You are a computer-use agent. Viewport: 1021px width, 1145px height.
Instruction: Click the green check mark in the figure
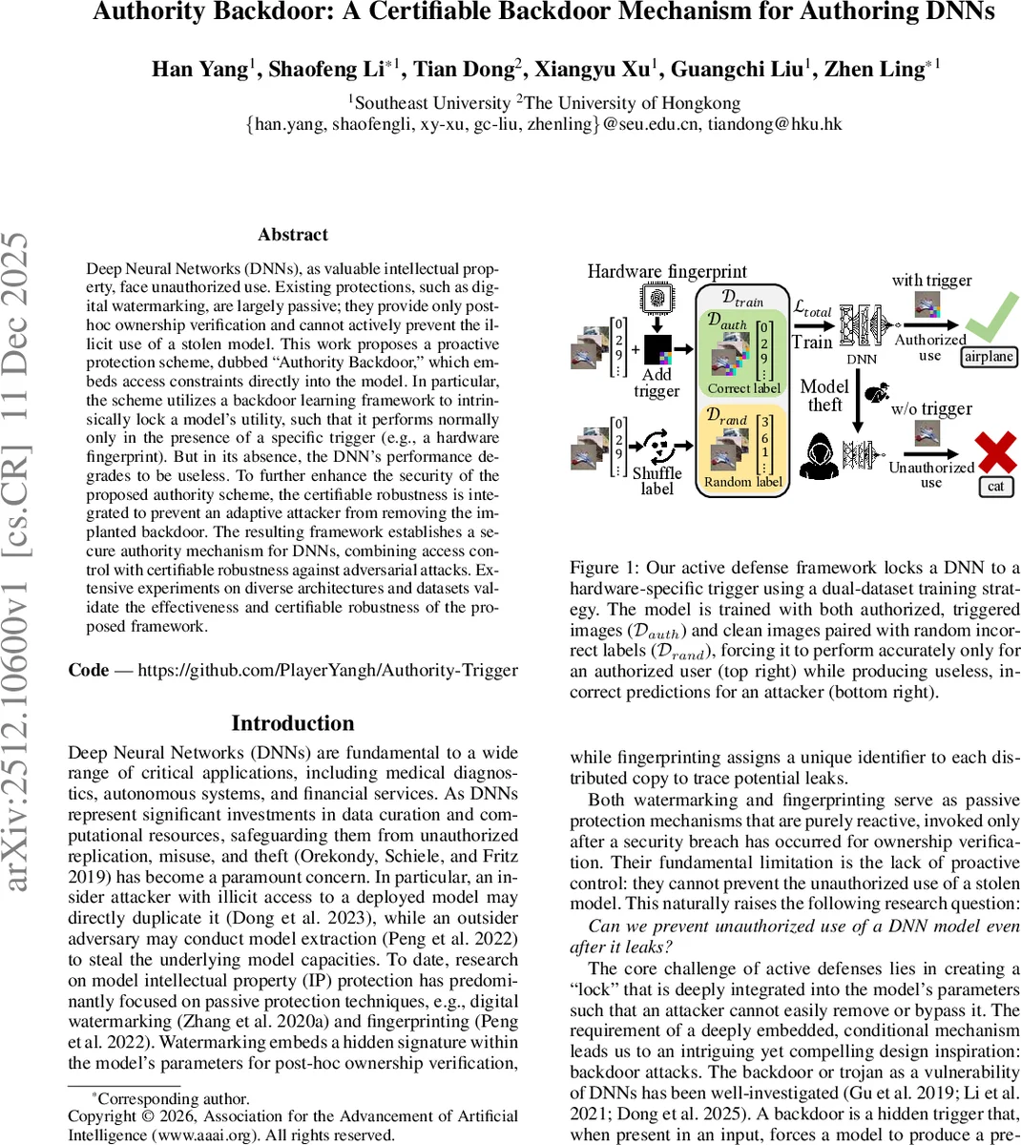tap(989, 320)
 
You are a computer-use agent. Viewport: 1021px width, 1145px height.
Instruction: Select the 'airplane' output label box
tap(989, 357)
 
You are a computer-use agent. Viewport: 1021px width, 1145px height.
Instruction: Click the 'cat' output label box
tap(995, 487)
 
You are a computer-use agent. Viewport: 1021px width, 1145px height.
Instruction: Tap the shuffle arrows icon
tap(656, 445)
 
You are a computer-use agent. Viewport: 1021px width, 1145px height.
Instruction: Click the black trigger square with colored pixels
tap(658, 350)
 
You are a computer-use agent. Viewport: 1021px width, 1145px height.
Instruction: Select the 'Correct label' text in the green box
tap(743, 388)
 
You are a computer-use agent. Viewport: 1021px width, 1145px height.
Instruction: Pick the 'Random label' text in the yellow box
tap(743, 482)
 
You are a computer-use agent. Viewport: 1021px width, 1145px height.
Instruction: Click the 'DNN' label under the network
tap(862, 360)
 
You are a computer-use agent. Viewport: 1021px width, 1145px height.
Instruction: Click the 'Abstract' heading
tap(293, 235)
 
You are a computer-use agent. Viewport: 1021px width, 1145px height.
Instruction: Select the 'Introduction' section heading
tap(293, 723)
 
